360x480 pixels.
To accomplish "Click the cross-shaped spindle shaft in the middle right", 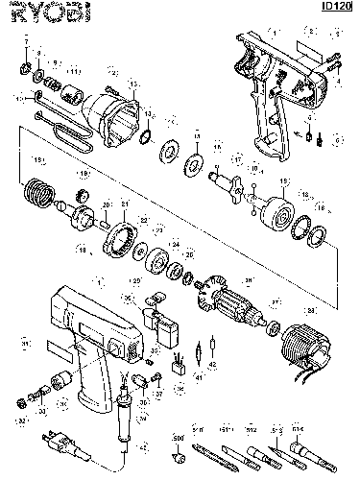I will click(228, 181).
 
